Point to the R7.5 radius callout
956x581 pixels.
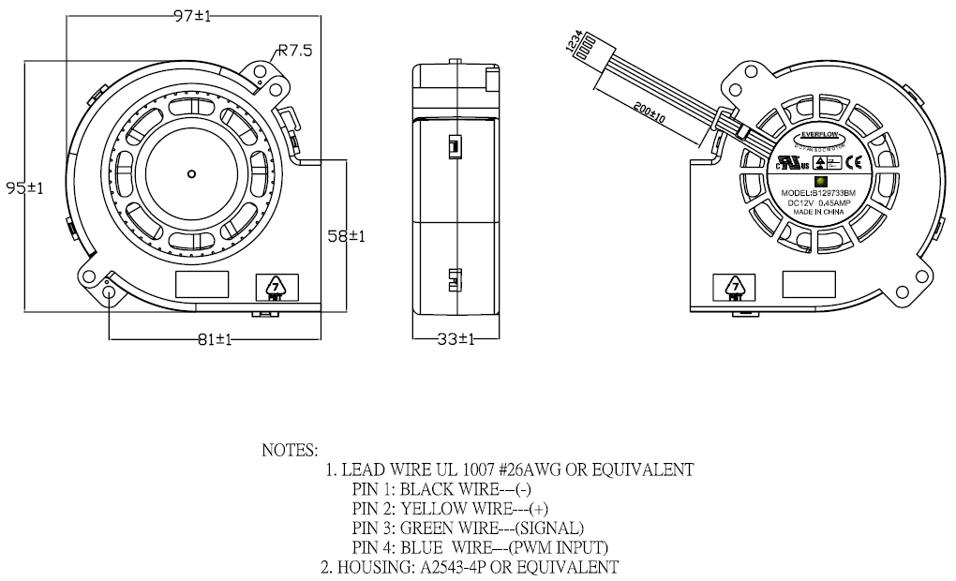point(294,52)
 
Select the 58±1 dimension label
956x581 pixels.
point(345,236)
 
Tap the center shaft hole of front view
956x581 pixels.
point(191,172)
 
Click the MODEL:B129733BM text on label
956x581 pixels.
point(819,192)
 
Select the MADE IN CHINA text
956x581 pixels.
point(819,213)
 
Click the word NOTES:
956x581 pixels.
point(290,450)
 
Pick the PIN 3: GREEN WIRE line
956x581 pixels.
point(468,528)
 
